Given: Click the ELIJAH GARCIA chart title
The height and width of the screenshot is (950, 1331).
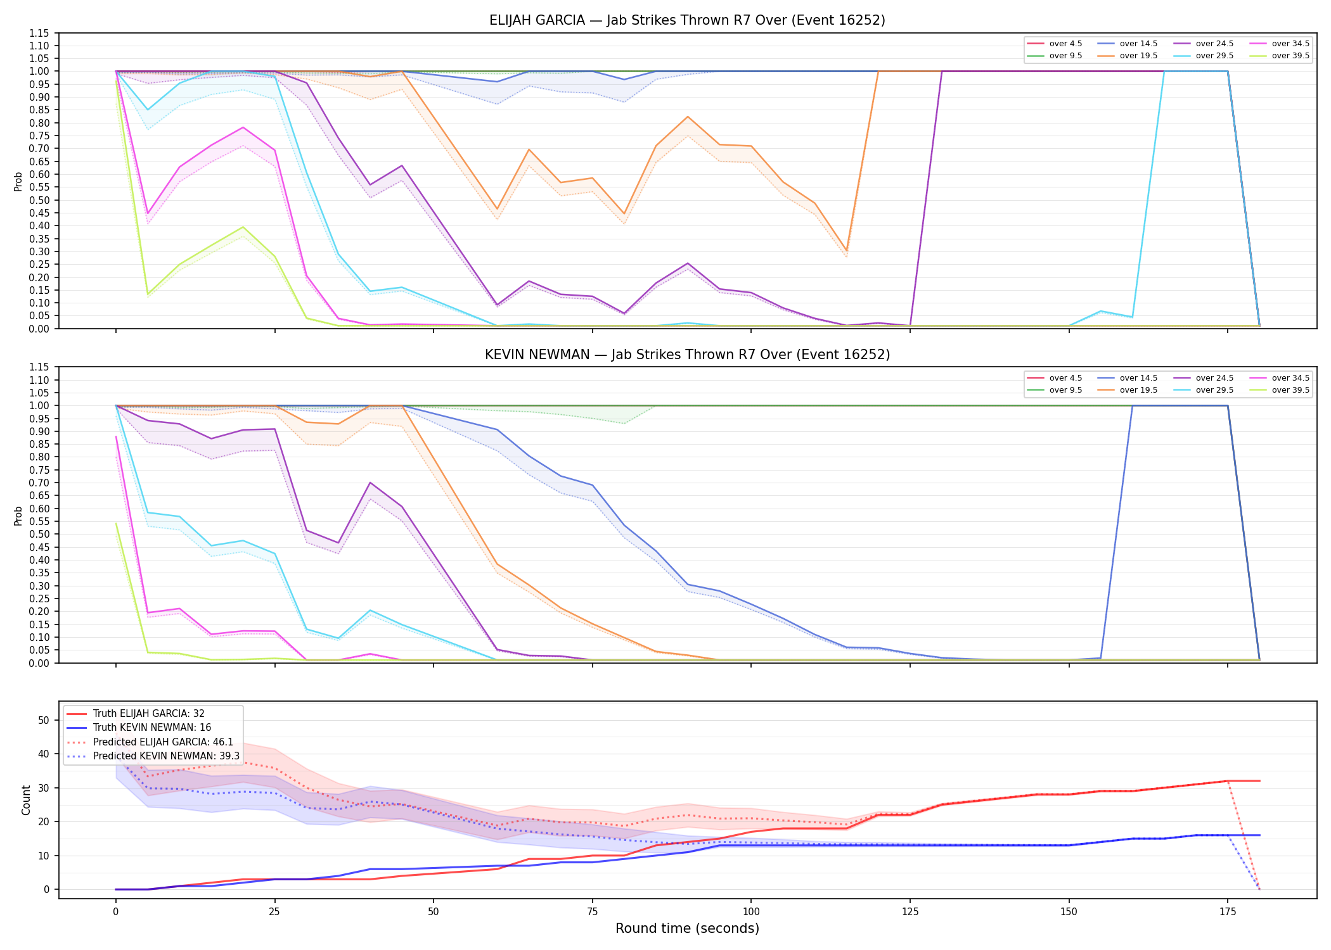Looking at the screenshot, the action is pyautogui.click(x=687, y=20).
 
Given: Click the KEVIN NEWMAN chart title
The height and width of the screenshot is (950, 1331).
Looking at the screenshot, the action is pyautogui.click(x=687, y=355).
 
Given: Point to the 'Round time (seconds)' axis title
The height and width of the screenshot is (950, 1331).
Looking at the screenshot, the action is pyautogui.click(x=687, y=928).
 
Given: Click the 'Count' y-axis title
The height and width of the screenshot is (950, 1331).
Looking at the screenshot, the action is pyautogui.click(x=26, y=800).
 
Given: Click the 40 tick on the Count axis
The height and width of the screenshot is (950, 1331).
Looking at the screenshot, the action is pyautogui.click(x=44, y=754).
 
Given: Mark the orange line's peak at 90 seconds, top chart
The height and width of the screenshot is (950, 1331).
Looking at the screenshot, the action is pyautogui.click(x=688, y=117).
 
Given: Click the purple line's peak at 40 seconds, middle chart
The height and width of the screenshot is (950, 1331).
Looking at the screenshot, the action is pyautogui.click(x=370, y=483).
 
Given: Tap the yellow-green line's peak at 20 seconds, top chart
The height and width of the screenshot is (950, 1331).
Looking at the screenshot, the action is pyautogui.click(x=243, y=227).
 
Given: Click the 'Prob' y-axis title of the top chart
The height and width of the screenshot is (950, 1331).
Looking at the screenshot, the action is pyautogui.click(x=18, y=181).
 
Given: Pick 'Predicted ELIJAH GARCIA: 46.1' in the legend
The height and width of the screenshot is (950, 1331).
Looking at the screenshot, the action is pyautogui.click(x=163, y=742).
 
